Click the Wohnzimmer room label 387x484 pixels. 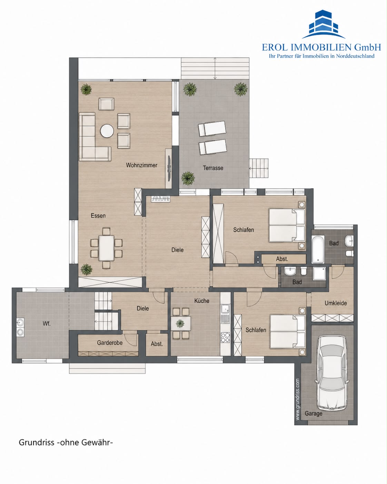pos(141,165)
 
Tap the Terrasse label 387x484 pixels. pos(213,168)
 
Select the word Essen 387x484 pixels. pos(98,216)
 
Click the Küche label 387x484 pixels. pos(202,301)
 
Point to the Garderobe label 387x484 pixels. pos(110,343)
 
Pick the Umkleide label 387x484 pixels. pos(336,303)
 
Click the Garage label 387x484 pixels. pos(313,414)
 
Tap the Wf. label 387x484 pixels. pos(47,323)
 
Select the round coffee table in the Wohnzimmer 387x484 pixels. pos(107,131)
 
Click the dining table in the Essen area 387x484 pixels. pos(107,248)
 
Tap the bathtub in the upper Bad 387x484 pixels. pos(318,249)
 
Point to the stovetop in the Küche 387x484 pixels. pos(225,337)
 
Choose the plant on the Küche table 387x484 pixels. pos(180,323)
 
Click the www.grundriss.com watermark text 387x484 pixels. pos(298,399)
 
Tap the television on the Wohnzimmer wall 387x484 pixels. pos(169,168)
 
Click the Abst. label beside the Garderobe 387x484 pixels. pos(157,344)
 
